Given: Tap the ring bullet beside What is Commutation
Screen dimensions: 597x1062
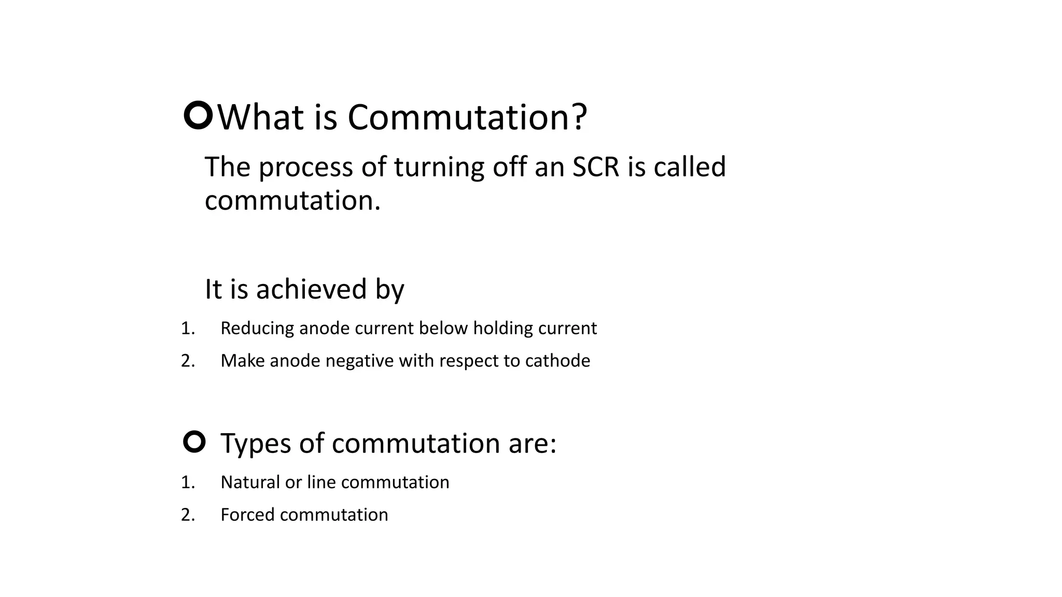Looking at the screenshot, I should tap(198, 116).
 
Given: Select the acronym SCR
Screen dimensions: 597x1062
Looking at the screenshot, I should tap(596, 167).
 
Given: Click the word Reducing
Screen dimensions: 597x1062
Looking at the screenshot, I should tap(257, 329).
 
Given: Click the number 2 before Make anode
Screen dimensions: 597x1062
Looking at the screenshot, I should tap(187, 361).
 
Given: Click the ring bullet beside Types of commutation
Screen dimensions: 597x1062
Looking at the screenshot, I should tap(194, 442).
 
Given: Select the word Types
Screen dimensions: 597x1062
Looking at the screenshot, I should tap(257, 444).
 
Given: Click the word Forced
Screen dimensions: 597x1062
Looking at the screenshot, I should tap(247, 515).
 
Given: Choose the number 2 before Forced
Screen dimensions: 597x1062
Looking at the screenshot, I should tap(187, 515).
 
